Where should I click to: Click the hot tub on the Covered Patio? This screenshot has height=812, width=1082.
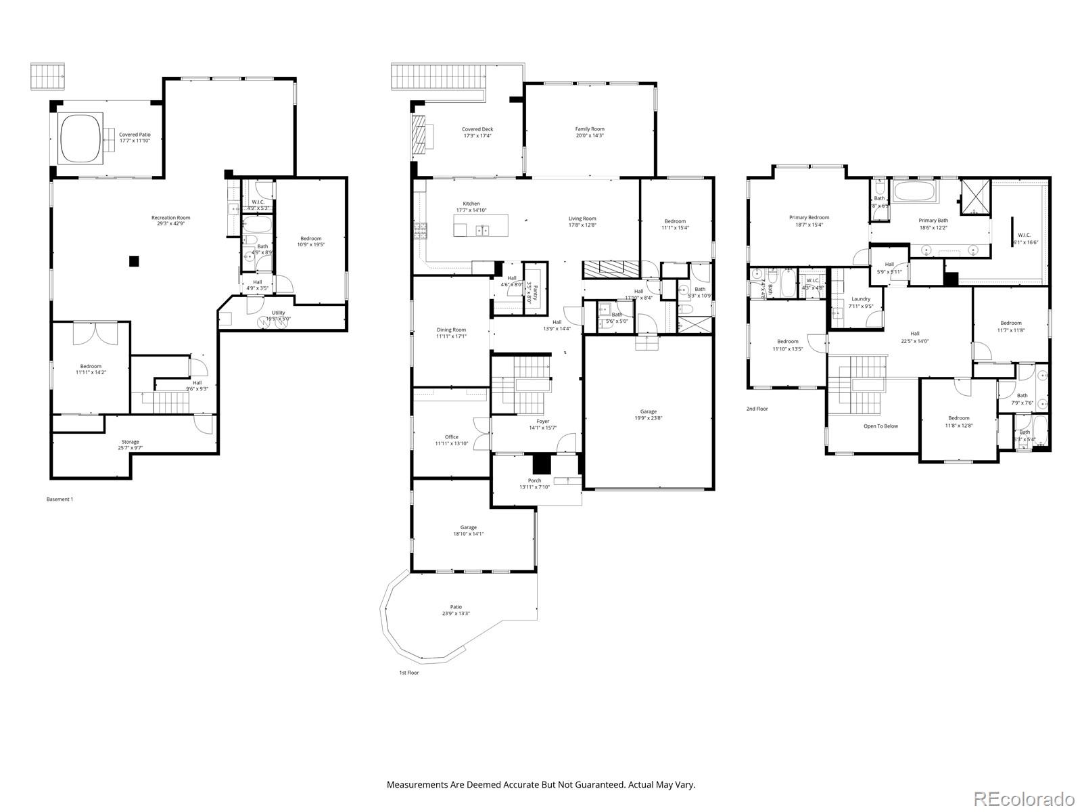(80, 137)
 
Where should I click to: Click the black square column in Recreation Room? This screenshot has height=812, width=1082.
(135, 261)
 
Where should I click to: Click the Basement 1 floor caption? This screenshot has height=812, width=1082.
(60, 499)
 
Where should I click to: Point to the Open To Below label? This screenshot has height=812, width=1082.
(880, 426)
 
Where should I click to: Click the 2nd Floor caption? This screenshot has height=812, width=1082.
(757, 409)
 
